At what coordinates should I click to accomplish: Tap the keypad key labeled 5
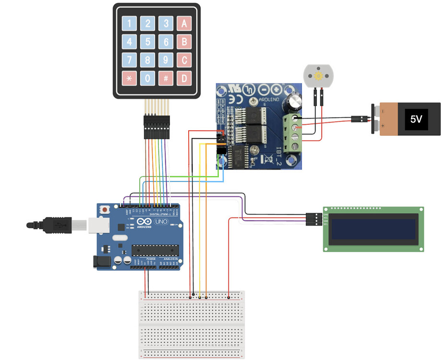[x=148, y=42]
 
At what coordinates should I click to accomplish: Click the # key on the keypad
[x=166, y=78]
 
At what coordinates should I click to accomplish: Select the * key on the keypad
[x=129, y=78]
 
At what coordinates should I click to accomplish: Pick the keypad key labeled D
[x=184, y=78]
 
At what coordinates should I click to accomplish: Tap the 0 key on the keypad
[x=148, y=78]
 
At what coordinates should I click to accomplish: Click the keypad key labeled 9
[x=166, y=60]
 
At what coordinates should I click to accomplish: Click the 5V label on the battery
[x=416, y=119]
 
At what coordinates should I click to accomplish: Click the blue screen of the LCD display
[x=373, y=229]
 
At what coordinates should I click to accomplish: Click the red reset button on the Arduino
[x=105, y=210]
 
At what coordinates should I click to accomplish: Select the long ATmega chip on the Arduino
[x=155, y=250]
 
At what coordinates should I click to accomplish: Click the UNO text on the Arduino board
[x=160, y=222]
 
